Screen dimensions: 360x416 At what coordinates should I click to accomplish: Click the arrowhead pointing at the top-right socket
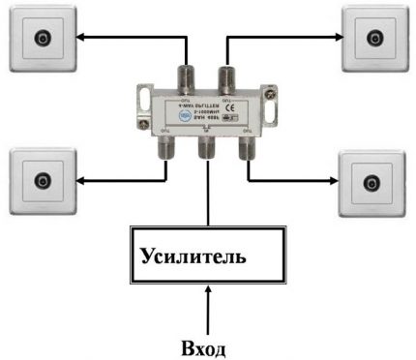[335, 40]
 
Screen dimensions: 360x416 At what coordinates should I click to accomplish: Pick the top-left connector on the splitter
[183, 75]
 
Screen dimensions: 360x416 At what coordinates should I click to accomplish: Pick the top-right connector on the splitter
[225, 75]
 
